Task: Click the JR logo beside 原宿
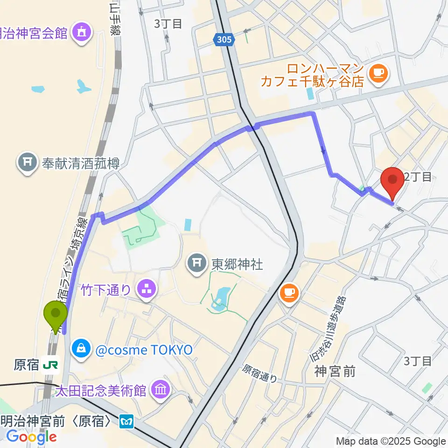[x=49, y=365]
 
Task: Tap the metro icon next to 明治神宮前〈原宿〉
[x=126, y=422]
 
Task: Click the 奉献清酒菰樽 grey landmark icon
[x=27, y=163]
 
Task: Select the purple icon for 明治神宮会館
[x=83, y=33]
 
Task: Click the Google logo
[x=31, y=437]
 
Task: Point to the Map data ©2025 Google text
[x=391, y=441]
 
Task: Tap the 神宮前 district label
[x=334, y=371]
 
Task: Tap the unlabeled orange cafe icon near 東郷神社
[x=289, y=293]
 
